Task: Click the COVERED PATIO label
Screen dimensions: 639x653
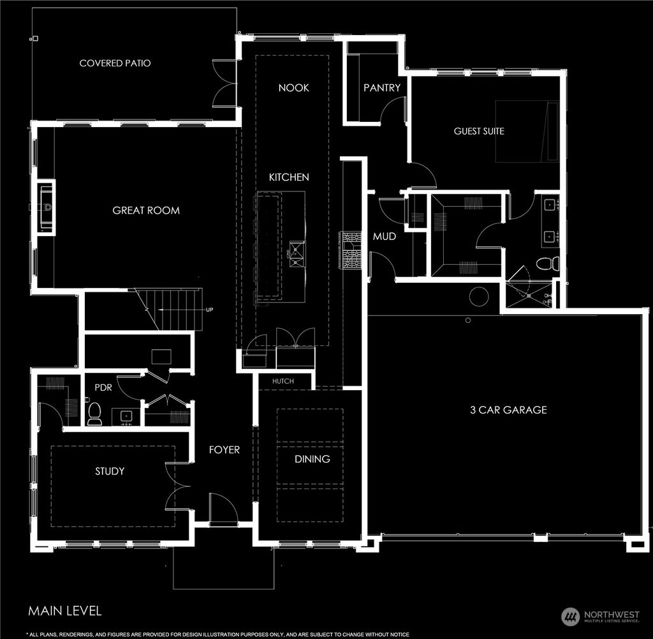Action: [x=115, y=63]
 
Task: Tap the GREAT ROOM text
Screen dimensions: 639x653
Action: [x=146, y=210]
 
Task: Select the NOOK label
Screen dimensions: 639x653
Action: [x=293, y=87]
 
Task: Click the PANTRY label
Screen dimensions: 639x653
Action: [x=382, y=87]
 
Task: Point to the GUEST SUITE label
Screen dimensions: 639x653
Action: [x=479, y=131]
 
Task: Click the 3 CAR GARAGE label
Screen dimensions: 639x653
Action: [x=508, y=410]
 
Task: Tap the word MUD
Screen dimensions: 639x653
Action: [x=385, y=236]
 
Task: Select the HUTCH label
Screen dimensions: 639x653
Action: [x=283, y=381]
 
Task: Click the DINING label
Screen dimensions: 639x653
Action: [x=312, y=459]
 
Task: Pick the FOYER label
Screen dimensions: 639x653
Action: [x=224, y=450]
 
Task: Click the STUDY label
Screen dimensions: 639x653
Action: [x=110, y=471]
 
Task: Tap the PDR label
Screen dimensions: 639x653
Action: [x=103, y=387]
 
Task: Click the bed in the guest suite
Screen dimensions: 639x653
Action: [x=527, y=131]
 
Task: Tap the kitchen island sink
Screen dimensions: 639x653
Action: [x=297, y=253]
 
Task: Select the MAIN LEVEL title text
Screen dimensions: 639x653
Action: [x=64, y=611]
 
